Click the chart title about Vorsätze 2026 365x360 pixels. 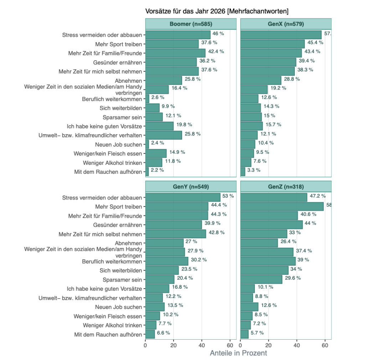click(x=217, y=11)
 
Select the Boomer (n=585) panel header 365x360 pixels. click(x=191, y=24)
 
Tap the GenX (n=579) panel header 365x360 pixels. click(x=286, y=24)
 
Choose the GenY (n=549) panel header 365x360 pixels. click(x=191, y=187)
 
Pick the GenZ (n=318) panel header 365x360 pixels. click(x=286, y=187)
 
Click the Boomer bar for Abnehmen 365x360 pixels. click(x=164, y=80)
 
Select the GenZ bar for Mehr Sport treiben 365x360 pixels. click(x=282, y=207)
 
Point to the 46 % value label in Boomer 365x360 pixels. click(x=218, y=34)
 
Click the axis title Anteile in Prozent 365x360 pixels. click(x=238, y=353)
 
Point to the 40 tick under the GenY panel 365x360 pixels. click(x=202, y=345)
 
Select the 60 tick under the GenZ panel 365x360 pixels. click(x=325, y=345)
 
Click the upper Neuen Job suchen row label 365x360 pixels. click(x=119, y=144)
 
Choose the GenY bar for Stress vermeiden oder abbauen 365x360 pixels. click(x=183, y=197)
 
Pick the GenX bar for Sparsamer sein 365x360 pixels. click(x=251, y=117)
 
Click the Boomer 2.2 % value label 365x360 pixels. click(x=157, y=170)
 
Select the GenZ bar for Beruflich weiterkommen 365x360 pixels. click(x=268, y=261)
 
